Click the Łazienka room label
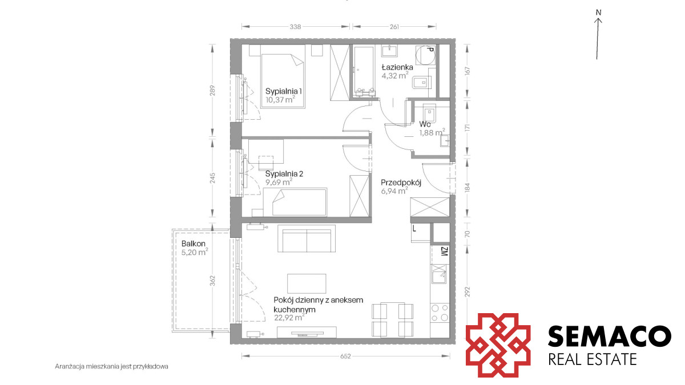(x=397, y=67)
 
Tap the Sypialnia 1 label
(x=284, y=91)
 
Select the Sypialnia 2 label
(x=284, y=174)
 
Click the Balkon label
(x=194, y=244)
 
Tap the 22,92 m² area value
(x=289, y=317)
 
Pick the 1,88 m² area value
(x=432, y=132)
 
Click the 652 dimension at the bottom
(x=345, y=356)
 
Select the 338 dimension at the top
(x=295, y=27)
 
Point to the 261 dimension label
(x=394, y=27)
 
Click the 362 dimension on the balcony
(x=212, y=281)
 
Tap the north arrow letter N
(x=598, y=13)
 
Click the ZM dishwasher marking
(x=445, y=252)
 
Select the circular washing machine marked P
(x=425, y=55)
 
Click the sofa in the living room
(x=307, y=238)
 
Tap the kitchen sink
(x=438, y=274)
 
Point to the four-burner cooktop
(x=440, y=313)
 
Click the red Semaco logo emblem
(x=498, y=345)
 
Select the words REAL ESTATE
(x=593, y=359)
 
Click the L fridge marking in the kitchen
(x=414, y=228)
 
